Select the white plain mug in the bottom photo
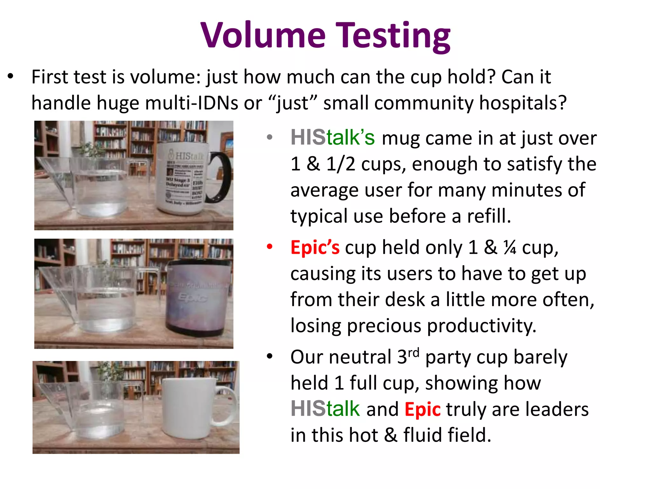point(188,407)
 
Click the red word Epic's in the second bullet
point(315,248)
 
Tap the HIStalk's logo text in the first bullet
point(332,138)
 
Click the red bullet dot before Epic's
point(270,246)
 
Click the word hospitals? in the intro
point(523,103)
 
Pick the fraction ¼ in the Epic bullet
point(510,248)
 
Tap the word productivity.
point(481,326)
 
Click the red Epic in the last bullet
point(422,409)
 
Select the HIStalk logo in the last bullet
point(325,409)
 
